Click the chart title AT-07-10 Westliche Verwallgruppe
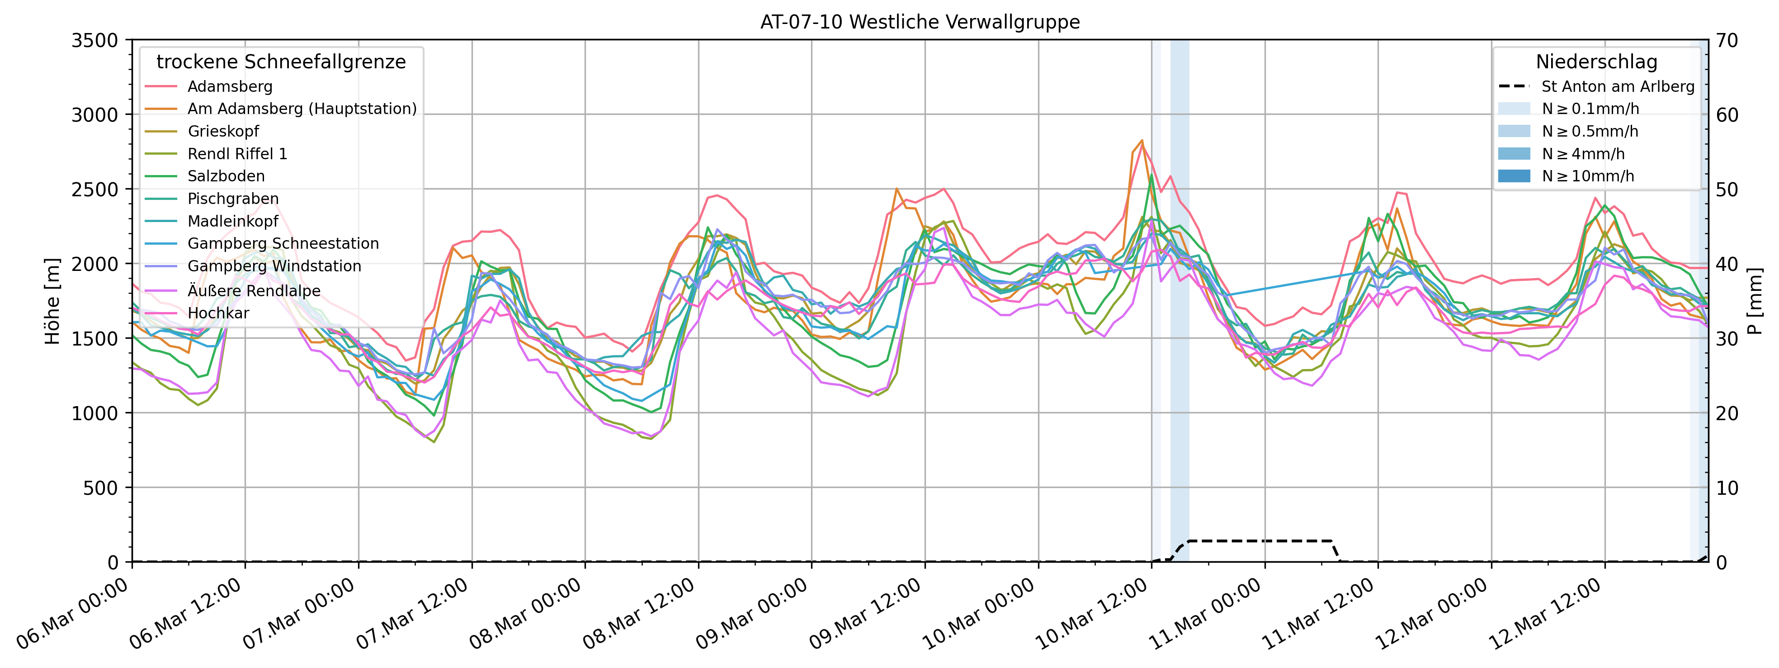(x=920, y=22)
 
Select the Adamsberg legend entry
(x=230, y=86)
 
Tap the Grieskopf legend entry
(x=223, y=131)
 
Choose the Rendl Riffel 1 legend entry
(x=237, y=153)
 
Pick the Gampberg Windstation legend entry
(x=274, y=266)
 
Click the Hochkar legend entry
(x=218, y=313)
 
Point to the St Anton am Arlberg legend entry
(x=1618, y=86)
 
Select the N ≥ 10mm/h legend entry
(x=1588, y=176)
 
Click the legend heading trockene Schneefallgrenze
(x=281, y=62)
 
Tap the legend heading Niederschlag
(x=1596, y=62)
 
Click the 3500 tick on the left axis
(x=94, y=40)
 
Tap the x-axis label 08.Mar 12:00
(x=639, y=615)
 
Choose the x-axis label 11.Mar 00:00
(x=1205, y=615)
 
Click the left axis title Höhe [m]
(x=52, y=301)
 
